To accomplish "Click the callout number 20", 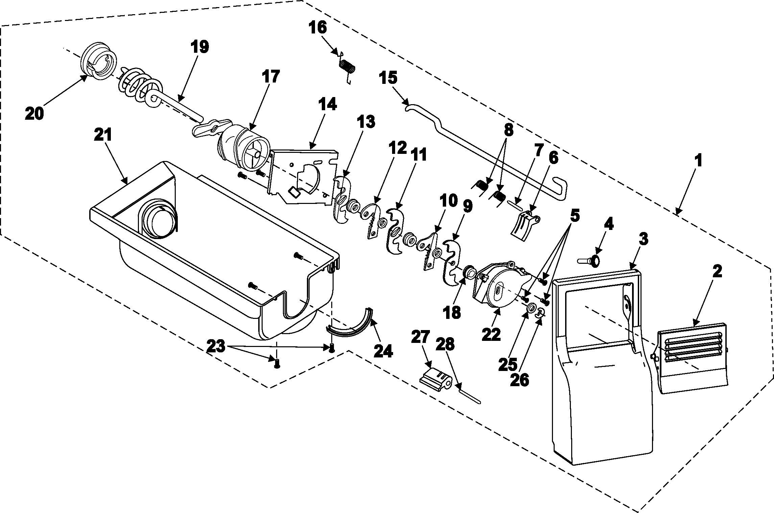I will [34, 114].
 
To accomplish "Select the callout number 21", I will [103, 136].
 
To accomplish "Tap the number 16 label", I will [317, 27].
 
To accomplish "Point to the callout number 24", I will [383, 351].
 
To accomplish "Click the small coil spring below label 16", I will [347, 66].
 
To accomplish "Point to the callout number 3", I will [643, 239].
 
